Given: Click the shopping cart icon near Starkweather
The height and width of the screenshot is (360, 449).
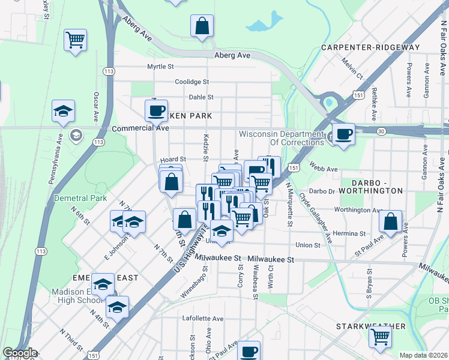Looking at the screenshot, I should pyautogui.click(x=381, y=338).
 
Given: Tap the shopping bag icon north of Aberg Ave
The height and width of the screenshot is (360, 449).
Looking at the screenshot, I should pyautogui.click(x=202, y=26).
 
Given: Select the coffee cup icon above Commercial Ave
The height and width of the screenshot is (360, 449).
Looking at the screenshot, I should pyautogui.click(x=157, y=110).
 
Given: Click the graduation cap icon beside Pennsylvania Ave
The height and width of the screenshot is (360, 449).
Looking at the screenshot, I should pyautogui.click(x=63, y=111).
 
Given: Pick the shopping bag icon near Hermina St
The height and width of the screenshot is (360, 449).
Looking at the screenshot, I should pyautogui.click(x=391, y=221).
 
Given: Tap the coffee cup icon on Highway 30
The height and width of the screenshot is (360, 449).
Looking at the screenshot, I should pyautogui.click(x=343, y=134).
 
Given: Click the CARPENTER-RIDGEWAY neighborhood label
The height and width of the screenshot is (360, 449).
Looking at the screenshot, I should pyautogui.click(x=370, y=47).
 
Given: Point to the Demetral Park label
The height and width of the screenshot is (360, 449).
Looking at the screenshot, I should pyautogui.click(x=80, y=198).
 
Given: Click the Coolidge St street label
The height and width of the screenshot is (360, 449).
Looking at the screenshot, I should pyautogui.click(x=191, y=82).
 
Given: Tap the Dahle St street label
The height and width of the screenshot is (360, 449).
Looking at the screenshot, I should pyautogui.click(x=201, y=97).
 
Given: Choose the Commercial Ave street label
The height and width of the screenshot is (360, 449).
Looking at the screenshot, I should pyautogui.click(x=140, y=128).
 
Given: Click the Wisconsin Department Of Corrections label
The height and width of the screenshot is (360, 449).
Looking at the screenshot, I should pyautogui.click(x=281, y=138).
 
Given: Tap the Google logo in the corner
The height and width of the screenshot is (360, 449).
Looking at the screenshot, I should pyautogui.click(x=19, y=353).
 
